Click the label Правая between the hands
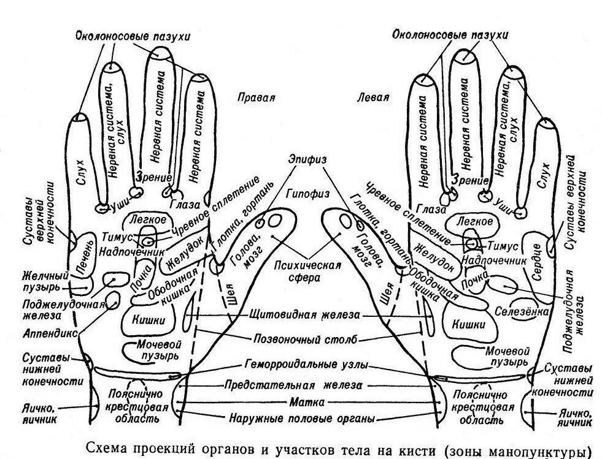tap(256, 97)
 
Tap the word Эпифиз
tap(307, 158)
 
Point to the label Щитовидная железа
tap(303, 316)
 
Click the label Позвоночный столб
tap(301, 340)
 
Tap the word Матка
tap(304, 403)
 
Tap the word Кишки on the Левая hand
tap(467, 324)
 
